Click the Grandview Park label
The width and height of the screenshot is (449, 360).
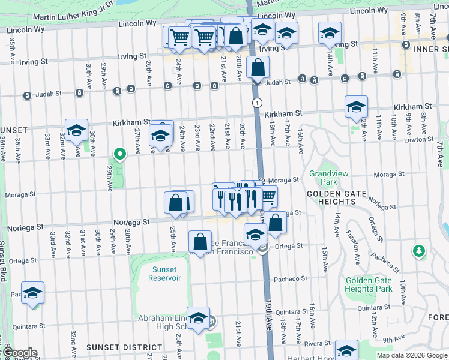pyautogui.click(x=325, y=177)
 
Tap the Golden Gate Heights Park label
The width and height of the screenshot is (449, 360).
pyautogui.click(x=368, y=284)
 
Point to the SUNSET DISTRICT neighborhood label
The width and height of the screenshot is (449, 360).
pyautogui.click(x=124, y=347)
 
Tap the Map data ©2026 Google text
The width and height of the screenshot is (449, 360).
pyautogui.click(x=412, y=355)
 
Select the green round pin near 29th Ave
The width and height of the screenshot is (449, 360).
pyautogui.click(x=120, y=154)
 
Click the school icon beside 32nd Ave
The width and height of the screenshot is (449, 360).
pyautogui.click(x=76, y=130)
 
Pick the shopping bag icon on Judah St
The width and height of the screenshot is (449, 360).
pyautogui.click(x=258, y=67)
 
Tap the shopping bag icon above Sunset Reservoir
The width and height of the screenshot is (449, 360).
pyautogui.click(x=200, y=242)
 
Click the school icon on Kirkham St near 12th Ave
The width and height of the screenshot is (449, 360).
pyautogui.click(x=357, y=107)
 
